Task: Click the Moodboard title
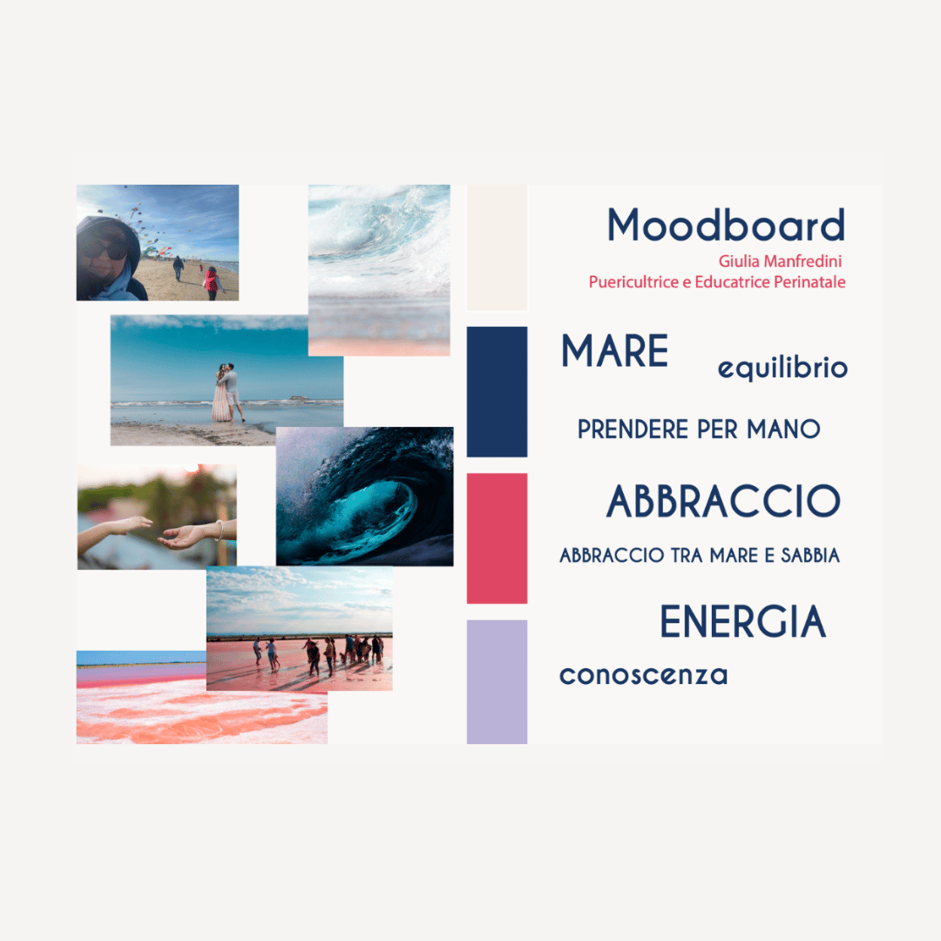pos(726,225)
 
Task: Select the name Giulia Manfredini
pos(780,261)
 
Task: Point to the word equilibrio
pos(782,369)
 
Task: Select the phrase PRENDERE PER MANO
pos(699,429)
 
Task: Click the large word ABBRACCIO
pos(723,501)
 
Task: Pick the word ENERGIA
pos(743,622)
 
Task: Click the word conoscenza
pos(643,676)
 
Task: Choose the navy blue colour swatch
pos(497,392)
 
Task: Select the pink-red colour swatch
pos(497,538)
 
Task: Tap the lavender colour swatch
pos(497,681)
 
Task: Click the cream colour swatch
pos(497,247)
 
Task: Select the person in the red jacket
pos(211,282)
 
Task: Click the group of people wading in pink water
pos(318,654)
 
